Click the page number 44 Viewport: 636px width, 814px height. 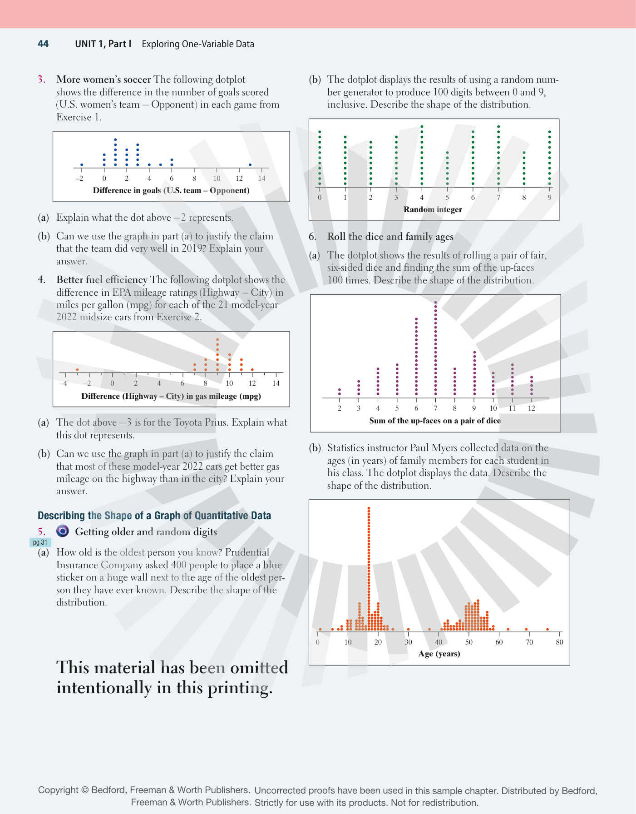[x=43, y=44]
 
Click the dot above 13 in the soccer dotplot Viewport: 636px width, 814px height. [x=250, y=164]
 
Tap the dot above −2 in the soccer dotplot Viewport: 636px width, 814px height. [x=81, y=164]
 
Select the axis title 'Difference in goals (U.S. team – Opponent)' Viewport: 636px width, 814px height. [x=171, y=190]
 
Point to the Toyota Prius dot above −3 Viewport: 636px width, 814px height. [x=77, y=370]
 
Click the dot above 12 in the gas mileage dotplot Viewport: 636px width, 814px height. [x=252, y=370]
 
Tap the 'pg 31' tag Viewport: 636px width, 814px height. [x=40, y=542]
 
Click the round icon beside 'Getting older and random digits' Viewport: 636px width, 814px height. [x=63, y=531]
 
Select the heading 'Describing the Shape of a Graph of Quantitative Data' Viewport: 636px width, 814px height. [x=154, y=516]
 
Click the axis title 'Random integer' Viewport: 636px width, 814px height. [x=433, y=209]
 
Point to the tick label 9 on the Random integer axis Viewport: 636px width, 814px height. [x=549, y=198]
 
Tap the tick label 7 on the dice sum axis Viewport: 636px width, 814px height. [x=435, y=408]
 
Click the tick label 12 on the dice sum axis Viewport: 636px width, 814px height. [x=532, y=408]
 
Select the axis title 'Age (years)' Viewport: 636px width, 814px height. [x=439, y=654]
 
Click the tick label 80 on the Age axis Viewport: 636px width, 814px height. [x=559, y=642]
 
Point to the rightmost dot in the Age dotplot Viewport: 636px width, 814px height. [x=547, y=629]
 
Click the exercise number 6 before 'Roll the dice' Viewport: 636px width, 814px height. [x=312, y=236]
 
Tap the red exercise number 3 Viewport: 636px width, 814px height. [x=41, y=79]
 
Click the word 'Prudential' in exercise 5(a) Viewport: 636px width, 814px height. [x=247, y=552]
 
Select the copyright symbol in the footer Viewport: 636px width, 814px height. [x=85, y=790]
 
